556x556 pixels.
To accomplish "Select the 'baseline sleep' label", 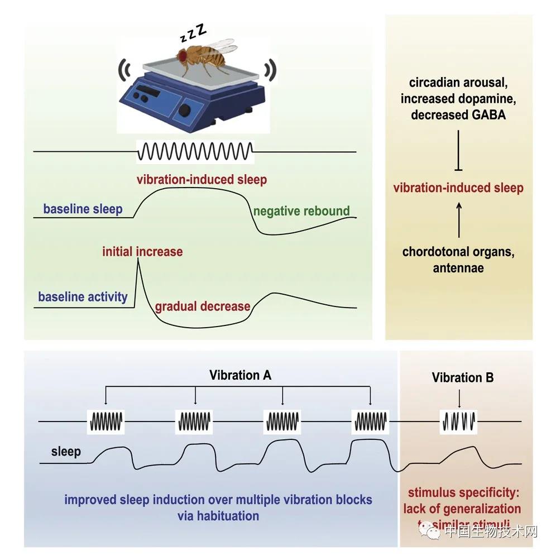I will pyautogui.click(x=83, y=210).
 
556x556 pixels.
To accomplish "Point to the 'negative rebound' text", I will pyautogui.click(x=301, y=212).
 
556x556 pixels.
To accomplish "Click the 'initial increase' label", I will pyautogui.click(x=142, y=252).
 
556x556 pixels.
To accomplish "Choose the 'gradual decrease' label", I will pyautogui.click(x=203, y=306).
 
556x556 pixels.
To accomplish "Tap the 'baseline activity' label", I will pyautogui.click(x=83, y=296).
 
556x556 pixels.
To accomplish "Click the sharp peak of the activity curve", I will pyautogui.click(x=138, y=263).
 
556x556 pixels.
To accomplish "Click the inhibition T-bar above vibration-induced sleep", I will pyautogui.click(x=458, y=167).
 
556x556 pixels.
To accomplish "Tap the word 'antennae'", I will pyautogui.click(x=458, y=268).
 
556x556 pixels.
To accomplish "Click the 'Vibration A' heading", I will pyautogui.click(x=241, y=375).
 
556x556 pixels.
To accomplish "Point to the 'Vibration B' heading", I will pyautogui.click(x=463, y=378).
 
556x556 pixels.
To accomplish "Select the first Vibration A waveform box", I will pyautogui.click(x=106, y=421).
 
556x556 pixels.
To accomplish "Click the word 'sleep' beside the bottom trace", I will pyautogui.click(x=66, y=451).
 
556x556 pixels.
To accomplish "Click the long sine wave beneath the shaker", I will pyautogui.click(x=195, y=151).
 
